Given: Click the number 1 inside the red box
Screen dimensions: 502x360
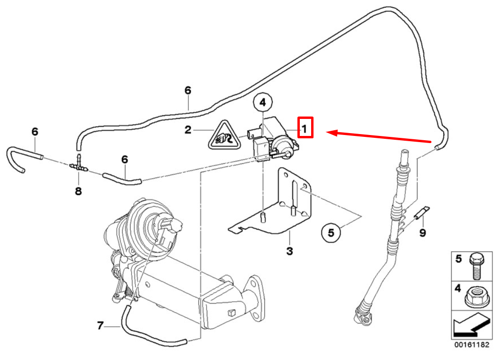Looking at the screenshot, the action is pos(305,129).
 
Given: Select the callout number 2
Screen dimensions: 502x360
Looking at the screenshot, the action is pos(188,130).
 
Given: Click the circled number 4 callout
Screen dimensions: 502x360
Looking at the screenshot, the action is pos(262,102).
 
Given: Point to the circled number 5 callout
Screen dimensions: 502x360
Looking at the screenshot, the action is pos(331,233).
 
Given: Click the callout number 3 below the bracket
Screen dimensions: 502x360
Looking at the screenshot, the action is pos(290,251).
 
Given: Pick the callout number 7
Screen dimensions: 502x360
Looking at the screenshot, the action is pos(100,326).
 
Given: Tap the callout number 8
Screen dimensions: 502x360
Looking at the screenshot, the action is pos(79,191).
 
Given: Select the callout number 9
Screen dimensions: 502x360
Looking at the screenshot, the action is pos(422,233).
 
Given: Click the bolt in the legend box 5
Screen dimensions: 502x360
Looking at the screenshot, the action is pos(476,266).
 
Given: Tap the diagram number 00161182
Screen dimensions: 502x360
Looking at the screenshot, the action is pos(472,345).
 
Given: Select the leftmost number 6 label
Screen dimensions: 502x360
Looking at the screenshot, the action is pos(35,132).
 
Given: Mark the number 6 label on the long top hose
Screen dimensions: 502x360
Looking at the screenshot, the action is pos(188,90).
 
